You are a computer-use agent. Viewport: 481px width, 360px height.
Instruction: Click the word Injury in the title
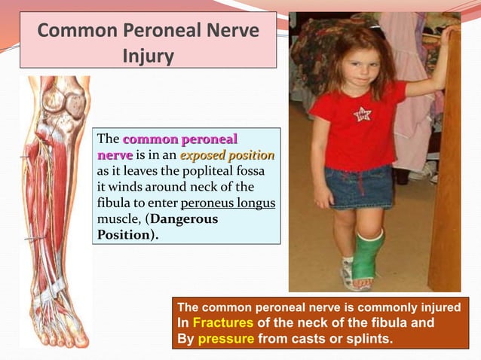tap(149, 56)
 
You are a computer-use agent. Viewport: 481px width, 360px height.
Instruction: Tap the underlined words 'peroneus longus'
tap(228, 203)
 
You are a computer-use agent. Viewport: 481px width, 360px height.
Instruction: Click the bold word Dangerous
tap(184, 218)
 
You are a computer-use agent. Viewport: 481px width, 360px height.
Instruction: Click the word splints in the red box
tap(366, 339)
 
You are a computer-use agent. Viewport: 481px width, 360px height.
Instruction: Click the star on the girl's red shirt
tap(363, 114)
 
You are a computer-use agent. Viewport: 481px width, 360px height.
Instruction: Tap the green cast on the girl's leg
tap(368, 256)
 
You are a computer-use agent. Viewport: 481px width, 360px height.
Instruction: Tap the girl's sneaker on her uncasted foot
tap(346, 275)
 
